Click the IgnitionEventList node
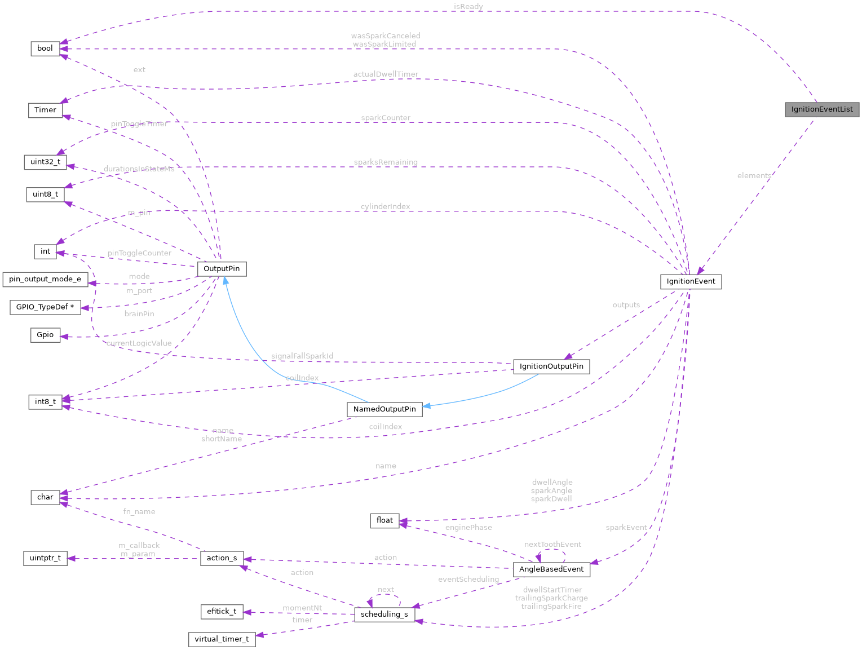pos(821,109)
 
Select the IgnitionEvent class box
pos(691,281)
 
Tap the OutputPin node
pos(222,269)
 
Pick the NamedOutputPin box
pos(384,409)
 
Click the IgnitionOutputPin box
pos(551,366)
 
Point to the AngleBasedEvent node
pos(551,569)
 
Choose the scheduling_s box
pos(384,614)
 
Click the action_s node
pos(222,558)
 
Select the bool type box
pos(45,48)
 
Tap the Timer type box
pos(45,110)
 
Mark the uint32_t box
pos(45,162)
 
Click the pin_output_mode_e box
pos(45,279)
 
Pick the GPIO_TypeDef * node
pos(45,307)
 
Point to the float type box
pos(384,520)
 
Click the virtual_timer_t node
pos(222,639)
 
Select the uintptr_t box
pos(45,559)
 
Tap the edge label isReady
pos(468,7)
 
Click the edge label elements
pos(754,176)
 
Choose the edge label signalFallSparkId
pos(302,356)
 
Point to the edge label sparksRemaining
pos(386,162)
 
